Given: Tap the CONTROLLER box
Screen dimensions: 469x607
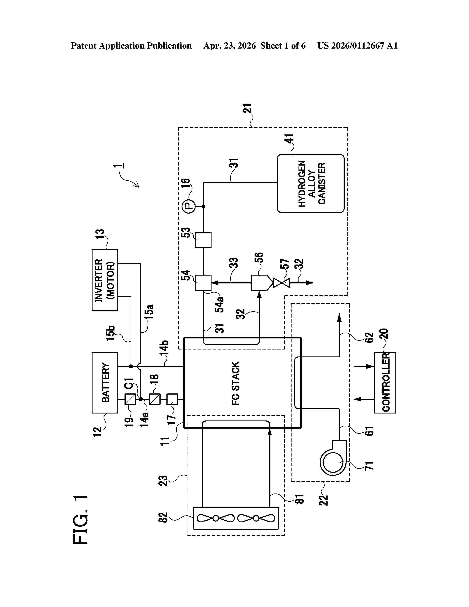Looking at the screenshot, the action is (x=385, y=383).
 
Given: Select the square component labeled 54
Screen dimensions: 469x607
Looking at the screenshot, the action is (x=203, y=283).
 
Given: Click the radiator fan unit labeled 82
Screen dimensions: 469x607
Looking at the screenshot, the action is (x=236, y=518).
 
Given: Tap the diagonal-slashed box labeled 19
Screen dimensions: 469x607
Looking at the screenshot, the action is (x=130, y=399).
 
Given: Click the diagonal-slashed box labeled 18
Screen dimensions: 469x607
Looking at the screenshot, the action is (x=155, y=399).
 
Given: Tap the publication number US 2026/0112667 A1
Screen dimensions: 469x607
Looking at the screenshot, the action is (x=358, y=46).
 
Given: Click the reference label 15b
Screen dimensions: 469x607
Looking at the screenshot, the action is (x=110, y=333).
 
